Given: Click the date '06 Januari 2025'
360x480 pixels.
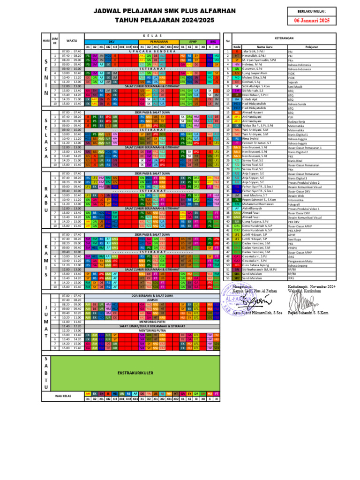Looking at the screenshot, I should click(312, 20).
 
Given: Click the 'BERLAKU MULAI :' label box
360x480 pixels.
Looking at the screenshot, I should click(312, 11).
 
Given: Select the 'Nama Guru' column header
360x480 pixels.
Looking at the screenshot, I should click(265, 47).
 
